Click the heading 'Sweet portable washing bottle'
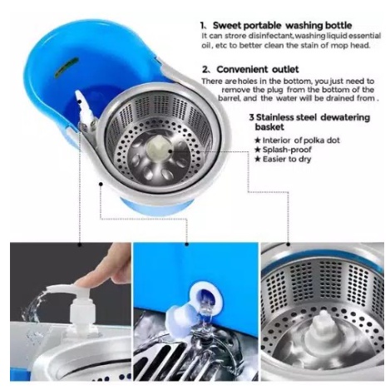point(282,26)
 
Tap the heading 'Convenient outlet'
point(258,69)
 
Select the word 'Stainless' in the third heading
point(273,117)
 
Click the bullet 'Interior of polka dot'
point(298,141)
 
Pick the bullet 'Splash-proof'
point(284,150)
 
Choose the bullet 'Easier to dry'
point(283,159)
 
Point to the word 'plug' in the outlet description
point(275,90)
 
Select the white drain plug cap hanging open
point(180,316)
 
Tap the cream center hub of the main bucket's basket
point(158,147)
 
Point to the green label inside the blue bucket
point(67,67)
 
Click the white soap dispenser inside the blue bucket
point(86,111)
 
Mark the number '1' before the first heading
point(203,26)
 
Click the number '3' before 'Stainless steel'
point(251,117)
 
